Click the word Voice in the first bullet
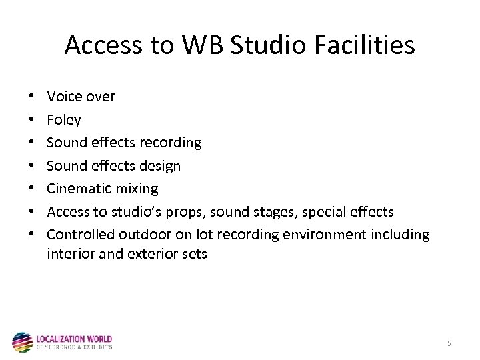pyautogui.click(x=64, y=97)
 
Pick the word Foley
pyautogui.click(x=64, y=120)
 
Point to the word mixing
pyautogui.click(x=137, y=189)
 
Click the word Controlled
pyautogui.click(x=81, y=235)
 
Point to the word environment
pyautogui.click(x=323, y=235)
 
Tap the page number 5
pyautogui.click(x=449, y=343)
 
